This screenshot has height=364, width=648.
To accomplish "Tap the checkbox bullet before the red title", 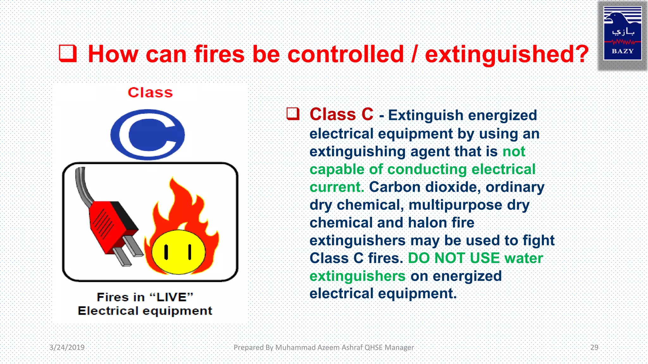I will (68, 53).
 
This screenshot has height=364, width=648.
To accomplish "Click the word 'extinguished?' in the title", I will (507, 54).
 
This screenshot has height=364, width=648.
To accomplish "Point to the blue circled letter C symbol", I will (147, 134).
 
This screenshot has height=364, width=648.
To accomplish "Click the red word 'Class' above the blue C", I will (150, 93).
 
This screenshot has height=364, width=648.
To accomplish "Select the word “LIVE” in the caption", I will (171, 297).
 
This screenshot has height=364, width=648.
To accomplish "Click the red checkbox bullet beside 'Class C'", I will (293, 114).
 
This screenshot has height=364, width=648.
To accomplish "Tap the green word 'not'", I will (514, 152).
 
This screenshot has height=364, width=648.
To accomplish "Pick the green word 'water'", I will (524, 258).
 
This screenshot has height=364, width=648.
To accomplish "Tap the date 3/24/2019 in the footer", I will (67, 347).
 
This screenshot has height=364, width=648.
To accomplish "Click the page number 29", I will (594, 347).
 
